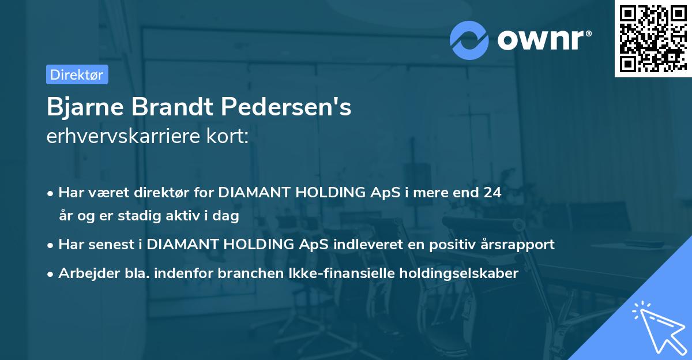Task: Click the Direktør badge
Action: click(x=77, y=74)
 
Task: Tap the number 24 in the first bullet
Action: click(x=492, y=193)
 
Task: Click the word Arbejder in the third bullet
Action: click(x=84, y=273)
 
